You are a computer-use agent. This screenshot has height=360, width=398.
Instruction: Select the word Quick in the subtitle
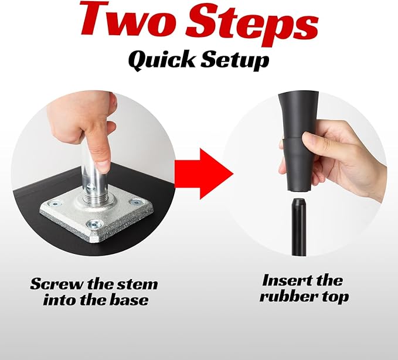pos(162,60)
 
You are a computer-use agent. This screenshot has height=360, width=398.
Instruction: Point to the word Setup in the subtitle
pos(235,61)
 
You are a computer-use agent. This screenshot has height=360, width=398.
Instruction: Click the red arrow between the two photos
pos(204,174)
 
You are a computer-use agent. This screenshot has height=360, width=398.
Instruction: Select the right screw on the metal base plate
pos(135,202)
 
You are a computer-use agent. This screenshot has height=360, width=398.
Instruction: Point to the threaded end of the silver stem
pos(95,195)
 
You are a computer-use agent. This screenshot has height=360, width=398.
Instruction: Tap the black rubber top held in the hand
pos(298,142)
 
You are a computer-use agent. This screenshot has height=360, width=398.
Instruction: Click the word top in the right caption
pos(335,297)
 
